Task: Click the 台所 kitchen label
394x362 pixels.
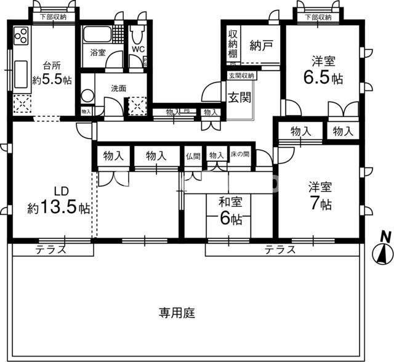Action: click(x=52, y=65)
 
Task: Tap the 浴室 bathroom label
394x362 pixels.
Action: click(x=97, y=52)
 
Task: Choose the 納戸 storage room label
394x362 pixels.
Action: click(x=262, y=44)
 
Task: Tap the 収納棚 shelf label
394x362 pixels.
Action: click(x=233, y=44)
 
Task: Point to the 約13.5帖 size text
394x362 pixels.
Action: click(x=58, y=208)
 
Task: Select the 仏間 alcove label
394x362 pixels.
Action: click(x=192, y=156)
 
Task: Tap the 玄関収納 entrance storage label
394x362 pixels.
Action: click(x=241, y=76)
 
